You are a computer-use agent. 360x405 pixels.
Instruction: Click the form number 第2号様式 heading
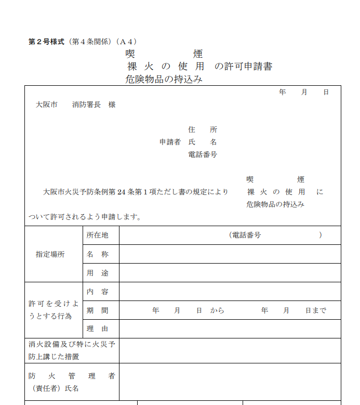click(x=46, y=42)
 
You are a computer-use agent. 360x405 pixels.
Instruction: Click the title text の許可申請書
click(x=244, y=67)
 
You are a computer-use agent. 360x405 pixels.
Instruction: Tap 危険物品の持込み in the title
click(x=164, y=80)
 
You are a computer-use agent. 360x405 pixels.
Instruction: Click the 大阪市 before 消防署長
click(x=46, y=104)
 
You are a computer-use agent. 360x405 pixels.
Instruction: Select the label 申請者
click(x=170, y=142)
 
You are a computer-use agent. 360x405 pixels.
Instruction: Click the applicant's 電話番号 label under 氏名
click(x=203, y=154)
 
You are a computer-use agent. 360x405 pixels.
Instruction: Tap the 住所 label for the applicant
click(x=203, y=129)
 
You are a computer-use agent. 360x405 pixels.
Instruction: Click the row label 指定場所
click(x=50, y=254)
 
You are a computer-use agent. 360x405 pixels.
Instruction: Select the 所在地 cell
click(x=98, y=235)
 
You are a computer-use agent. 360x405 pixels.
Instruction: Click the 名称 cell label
click(x=98, y=254)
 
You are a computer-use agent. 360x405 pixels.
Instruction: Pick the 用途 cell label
click(x=98, y=273)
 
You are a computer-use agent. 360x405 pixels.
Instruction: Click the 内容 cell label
click(x=98, y=292)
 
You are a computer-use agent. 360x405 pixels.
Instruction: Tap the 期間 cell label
click(x=98, y=310)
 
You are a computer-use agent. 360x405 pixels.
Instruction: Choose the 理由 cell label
click(x=98, y=329)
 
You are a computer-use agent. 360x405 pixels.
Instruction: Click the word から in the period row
click(x=217, y=310)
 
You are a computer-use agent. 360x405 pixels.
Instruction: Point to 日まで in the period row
click(x=316, y=310)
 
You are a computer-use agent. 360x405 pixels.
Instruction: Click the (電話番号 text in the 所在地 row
click(x=245, y=235)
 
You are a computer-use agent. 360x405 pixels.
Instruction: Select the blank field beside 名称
click(x=230, y=254)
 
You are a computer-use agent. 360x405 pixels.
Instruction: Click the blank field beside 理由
click(x=230, y=329)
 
